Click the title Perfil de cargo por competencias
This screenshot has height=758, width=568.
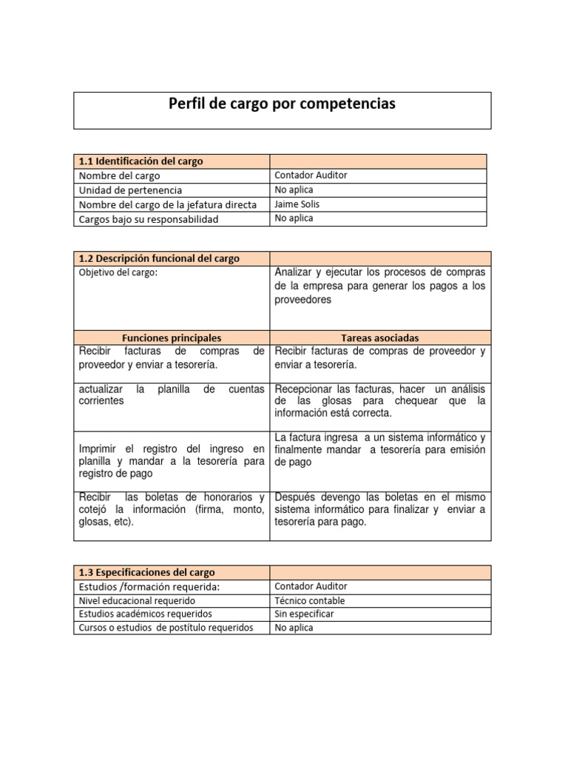[282, 104]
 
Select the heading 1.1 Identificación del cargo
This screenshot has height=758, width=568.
[141, 161]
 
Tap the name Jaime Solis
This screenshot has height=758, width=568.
[297, 204]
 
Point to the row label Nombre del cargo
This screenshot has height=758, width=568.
[119, 175]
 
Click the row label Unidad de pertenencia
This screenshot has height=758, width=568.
[130, 190]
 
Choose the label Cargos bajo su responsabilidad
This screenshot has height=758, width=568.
[149, 219]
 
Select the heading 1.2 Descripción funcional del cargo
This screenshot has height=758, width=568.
[158, 258]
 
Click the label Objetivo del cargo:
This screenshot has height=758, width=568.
[118, 272]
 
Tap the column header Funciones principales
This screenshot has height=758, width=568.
[172, 338]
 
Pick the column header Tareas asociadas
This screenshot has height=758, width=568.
[380, 338]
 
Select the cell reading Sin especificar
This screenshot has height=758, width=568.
[304, 614]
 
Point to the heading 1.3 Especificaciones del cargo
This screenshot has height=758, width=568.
[146, 572]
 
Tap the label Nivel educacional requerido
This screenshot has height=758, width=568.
[137, 600]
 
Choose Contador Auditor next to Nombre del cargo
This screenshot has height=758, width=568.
[310, 175]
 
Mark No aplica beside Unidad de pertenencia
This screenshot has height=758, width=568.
[294, 190]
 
